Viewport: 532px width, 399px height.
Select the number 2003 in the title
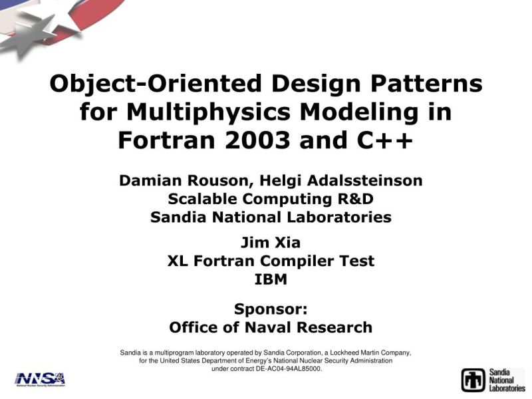click(258, 140)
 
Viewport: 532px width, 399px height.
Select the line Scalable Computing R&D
click(271, 199)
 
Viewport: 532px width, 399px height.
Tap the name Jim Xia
click(271, 243)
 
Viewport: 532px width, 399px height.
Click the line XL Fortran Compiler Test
click(271, 261)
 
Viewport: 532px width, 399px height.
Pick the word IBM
click(271, 279)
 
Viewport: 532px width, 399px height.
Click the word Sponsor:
click(271, 309)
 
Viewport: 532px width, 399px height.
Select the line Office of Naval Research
click(271, 327)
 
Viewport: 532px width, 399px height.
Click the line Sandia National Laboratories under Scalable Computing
click(271, 217)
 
